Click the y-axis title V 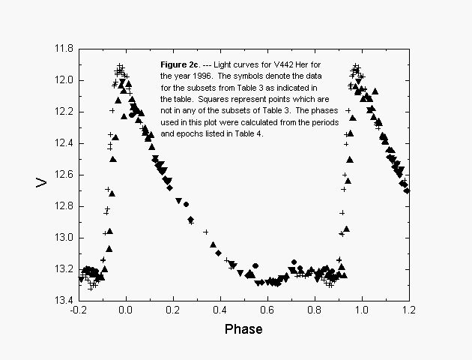43,181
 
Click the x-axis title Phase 243,329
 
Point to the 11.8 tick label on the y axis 63,49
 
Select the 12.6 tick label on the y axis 63,175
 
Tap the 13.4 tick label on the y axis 63,301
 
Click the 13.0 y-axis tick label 63,238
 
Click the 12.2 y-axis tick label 63,112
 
